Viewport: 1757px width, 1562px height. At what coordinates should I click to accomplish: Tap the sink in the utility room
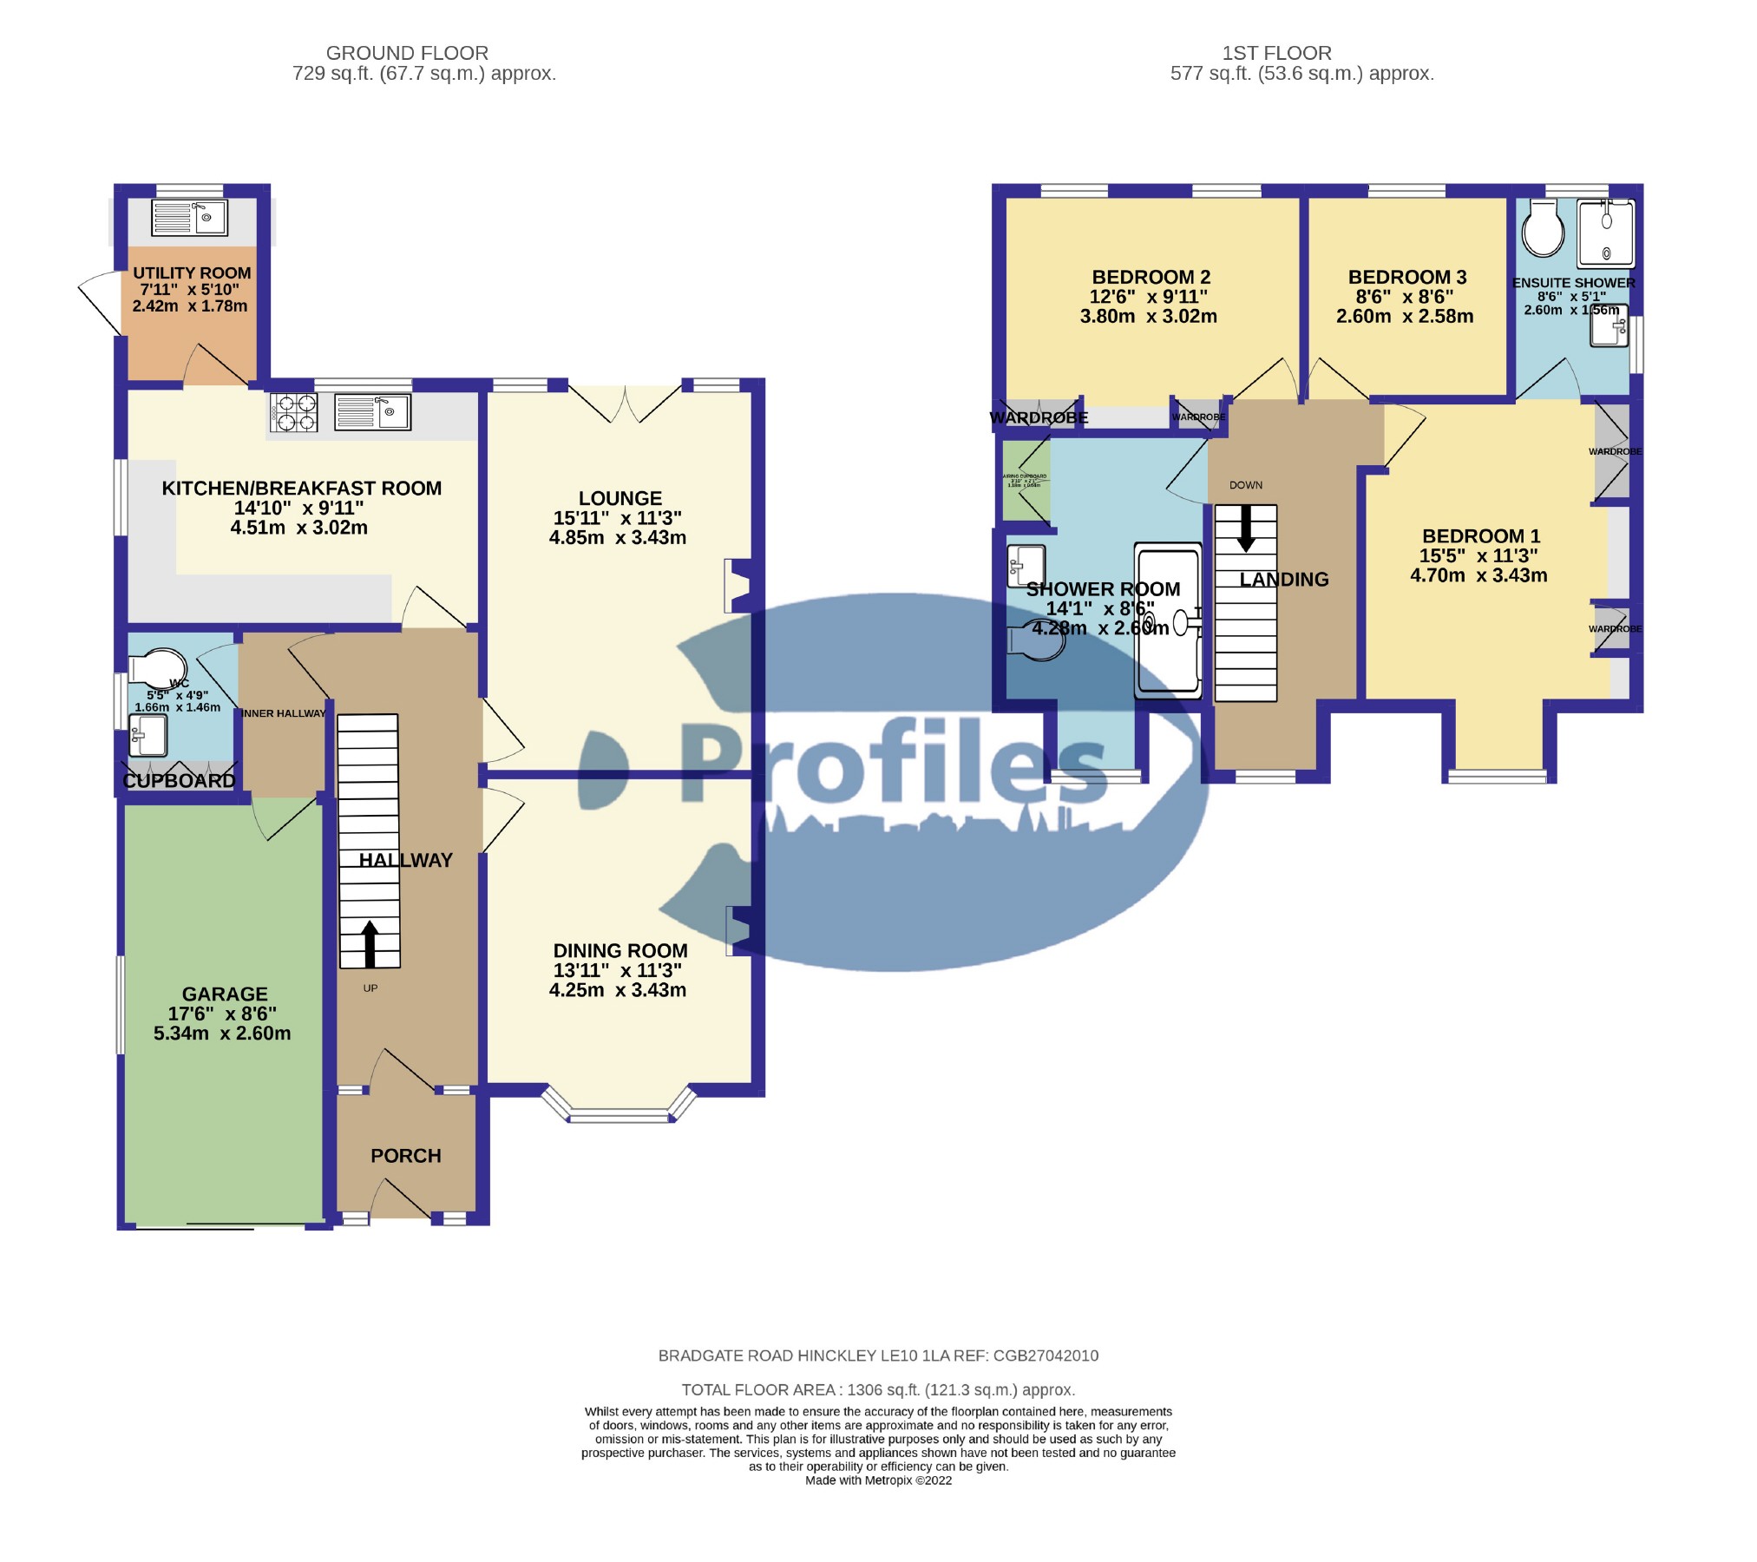pos(188,218)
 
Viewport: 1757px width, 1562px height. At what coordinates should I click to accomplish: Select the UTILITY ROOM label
pos(192,273)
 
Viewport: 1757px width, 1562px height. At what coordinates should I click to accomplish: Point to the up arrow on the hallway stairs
pos(370,944)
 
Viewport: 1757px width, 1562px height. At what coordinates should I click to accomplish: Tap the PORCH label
pos(405,1156)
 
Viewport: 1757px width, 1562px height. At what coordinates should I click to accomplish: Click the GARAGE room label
pos(225,994)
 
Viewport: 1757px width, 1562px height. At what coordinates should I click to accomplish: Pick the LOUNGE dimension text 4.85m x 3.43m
pos(617,538)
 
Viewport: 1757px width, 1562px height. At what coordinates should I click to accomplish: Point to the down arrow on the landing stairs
pos(1246,529)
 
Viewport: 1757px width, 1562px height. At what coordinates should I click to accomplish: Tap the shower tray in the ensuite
pos(1605,233)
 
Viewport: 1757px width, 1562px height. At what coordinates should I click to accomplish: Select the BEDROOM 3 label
pos(1406,278)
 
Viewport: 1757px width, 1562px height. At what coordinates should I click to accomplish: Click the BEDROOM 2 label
pos(1151,278)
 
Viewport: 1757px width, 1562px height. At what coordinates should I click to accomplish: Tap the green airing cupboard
pos(1026,481)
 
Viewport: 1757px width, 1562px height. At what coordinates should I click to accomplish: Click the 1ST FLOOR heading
pos(1276,53)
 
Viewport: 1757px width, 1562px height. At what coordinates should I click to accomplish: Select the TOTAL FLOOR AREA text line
pos(878,1390)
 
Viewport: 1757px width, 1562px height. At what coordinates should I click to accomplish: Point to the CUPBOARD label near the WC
pos(179,781)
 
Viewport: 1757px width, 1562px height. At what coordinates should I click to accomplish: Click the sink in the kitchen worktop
pos(371,412)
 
